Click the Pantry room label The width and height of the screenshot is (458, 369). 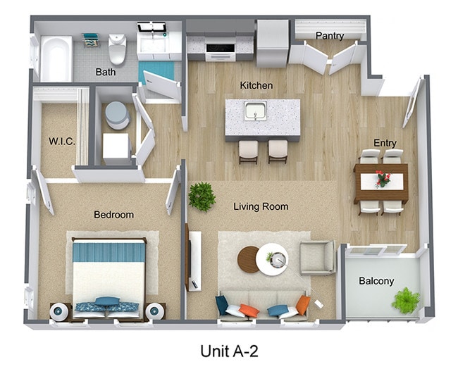click(330, 35)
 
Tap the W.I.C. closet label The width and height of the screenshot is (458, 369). click(62, 141)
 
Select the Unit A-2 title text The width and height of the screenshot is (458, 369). click(229, 350)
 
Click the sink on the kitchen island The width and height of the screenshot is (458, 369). click(254, 111)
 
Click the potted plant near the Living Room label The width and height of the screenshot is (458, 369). click(202, 196)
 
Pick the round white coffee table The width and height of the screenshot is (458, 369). click(272, 260)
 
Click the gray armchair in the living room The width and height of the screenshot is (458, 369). click(318, 257)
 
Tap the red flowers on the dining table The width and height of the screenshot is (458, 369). click(383, 179)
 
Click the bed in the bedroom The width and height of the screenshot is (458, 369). click(109, 271)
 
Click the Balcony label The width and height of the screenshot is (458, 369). click(376, 281)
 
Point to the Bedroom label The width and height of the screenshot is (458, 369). click(113, 214)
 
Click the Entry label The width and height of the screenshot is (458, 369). click(385, 143)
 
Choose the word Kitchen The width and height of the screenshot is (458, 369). click(256, 85)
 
